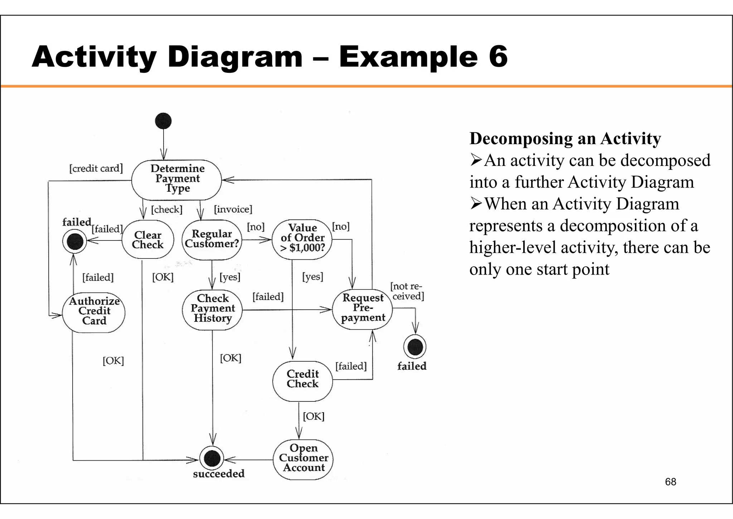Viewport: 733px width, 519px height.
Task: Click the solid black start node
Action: pyautogui.click(x=163, y=121)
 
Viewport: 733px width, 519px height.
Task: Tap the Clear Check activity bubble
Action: pyautogui.click(x=147, y=240)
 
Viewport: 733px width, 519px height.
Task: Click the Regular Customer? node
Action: pyautogui.click(x=212, y=239)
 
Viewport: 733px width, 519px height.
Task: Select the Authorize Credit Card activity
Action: pyautogui.click(x=94, y=311)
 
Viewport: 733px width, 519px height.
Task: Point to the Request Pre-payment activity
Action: pyautogui.click(x=362, y=308)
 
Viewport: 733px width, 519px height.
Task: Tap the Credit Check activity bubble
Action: pyautogui.click(x=302, y=380)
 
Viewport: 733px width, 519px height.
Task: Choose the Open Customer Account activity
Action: pyautogui.click(x=303, y=458)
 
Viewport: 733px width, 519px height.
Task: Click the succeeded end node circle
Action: pyautogui.click(x=212, y=458)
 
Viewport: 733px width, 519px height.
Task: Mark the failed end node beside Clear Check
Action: pyautogui.click(x=75, y=241)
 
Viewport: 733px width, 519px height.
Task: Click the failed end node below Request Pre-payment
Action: pyautogui.click(x=415, y=347)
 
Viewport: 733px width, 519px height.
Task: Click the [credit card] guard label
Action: pyautogui.click(x=96, y=168)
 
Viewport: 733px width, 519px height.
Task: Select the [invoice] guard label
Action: pyautogui.click(x=233, y=209)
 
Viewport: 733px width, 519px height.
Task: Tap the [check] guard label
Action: pyautogui.click(x=167, y=209)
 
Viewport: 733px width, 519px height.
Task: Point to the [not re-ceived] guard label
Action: pyautogui.click(x=407, y=291)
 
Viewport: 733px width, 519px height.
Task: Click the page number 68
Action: pyautogui.click(x=670, y=482)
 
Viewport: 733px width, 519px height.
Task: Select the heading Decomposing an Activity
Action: pyautogui.click(x=565, y=139)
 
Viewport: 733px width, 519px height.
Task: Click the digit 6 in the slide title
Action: pyautogui.click(x=498, y=56)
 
